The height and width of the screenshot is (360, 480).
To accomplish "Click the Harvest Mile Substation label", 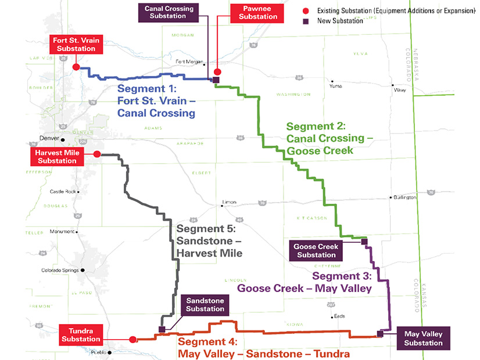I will click(x=56, y=156).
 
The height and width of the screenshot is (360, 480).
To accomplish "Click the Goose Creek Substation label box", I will click(x=316, y=250).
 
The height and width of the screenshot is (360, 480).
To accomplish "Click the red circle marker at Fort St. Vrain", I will click(x=76, y=67).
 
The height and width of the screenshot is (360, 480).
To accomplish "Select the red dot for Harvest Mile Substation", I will click(x=97, y=154).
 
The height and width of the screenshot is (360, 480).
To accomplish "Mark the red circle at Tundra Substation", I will click(x=132, y=339).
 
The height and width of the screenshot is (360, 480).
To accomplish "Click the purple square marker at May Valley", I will click(x=380, y=333).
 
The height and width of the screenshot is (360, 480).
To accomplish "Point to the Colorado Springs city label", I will click(x=60, y=270).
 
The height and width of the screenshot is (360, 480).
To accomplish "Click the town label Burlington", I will click(x=405, y=197).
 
